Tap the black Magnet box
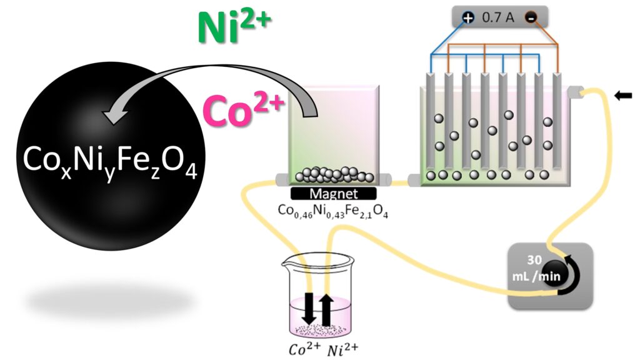point(333,194)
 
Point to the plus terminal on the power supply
point(468,18)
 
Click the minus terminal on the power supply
point(531,18)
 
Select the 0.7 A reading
point(498,18)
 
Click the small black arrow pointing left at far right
point(623,96)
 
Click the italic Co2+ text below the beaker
point(299,347)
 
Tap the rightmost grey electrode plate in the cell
point(557,125)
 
